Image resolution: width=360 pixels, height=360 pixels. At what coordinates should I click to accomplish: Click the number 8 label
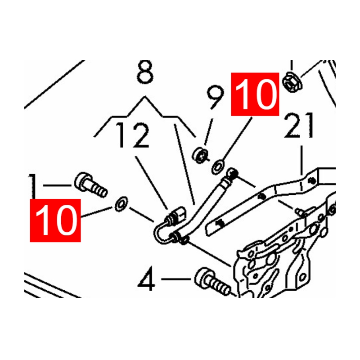(144, 72)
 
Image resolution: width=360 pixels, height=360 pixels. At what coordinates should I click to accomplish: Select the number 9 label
(215, 99)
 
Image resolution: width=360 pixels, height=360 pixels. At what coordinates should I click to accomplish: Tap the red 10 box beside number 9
(255, 95)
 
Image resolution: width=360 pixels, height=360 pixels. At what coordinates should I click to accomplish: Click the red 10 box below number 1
(55, 220)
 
